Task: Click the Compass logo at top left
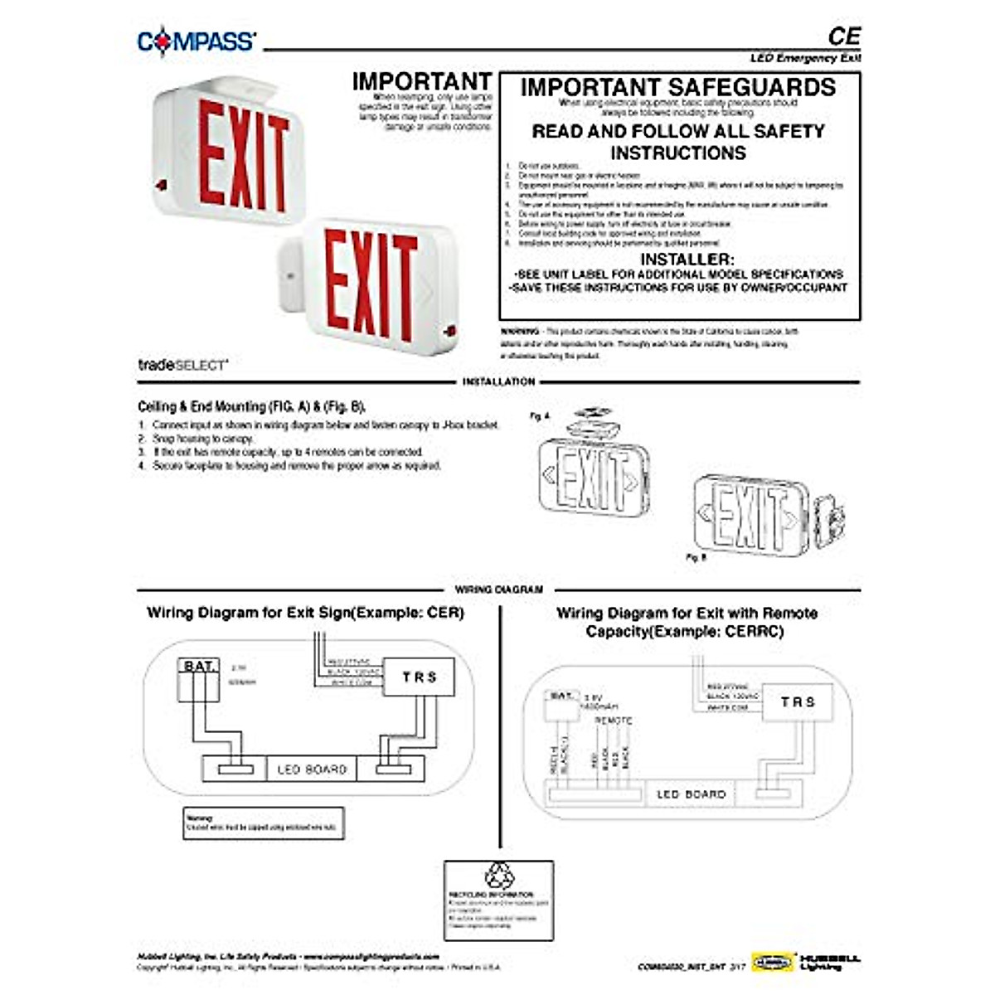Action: point(197,41)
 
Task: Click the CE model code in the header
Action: point(843,36)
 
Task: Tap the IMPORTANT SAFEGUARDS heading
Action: point(678,88)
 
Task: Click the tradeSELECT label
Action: point(182,364)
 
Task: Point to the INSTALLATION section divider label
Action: point(498,381)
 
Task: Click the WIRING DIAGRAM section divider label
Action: point(498,590)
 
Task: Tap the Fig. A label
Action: point(539,416)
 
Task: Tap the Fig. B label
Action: point(696,558)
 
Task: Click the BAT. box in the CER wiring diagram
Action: point(199,667)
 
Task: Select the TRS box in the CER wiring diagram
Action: point(419,677)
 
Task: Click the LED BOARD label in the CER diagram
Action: point(312,769)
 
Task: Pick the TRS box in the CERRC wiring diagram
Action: point(798,702)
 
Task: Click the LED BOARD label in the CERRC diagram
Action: point(691,794)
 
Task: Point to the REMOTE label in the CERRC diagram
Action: point(613,721)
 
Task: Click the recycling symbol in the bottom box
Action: point(498,875)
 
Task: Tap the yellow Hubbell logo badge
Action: point(772,962)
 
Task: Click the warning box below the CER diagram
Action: point(263,823)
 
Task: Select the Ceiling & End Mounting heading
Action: point(251,407)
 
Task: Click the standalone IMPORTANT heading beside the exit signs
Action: point(421,81)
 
